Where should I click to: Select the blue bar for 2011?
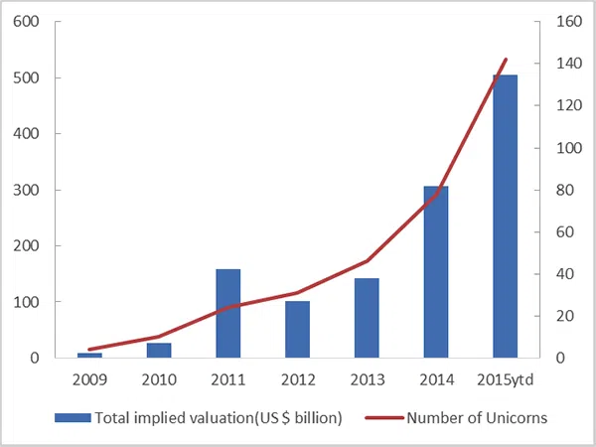pyautogui.click(x=228, y=313)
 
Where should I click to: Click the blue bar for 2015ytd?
pyautogui.click(x=506, y=217)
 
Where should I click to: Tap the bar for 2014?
pyautogui.click(x=436, y=272)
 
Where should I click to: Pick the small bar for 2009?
pyautogui.click(x=89, y=356)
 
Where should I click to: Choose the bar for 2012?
pyautogui.click(x=298, y=329)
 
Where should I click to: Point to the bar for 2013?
pyautogui.click(x=367, y=318)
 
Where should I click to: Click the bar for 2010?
pyautogui.click(x=159, y=351)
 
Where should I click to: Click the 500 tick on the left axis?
pyautogui.click(x=26, y=77)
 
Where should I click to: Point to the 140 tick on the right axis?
pyautogui.click(x=569, y=64)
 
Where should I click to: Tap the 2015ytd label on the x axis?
pyautogui.click(x=506, y=379)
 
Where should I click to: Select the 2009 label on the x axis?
pyautogui.click(x=90, y=379)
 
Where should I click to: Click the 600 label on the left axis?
pyautogui.click(x=26, y=22)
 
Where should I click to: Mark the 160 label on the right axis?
pyautogui.click(x=569, y=21)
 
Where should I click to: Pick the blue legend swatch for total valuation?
pyautogui.click(x=73, y=418)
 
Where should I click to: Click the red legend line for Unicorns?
pyautogui.click(x=384, y=418)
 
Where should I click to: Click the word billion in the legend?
pyautogui.click(x=313, y=418)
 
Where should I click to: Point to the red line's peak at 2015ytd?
pyautogui.click(x=506, y=60)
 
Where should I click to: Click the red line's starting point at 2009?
pyautogui.click(x=89, y=350)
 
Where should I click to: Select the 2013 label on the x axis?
pyautogui.click(x=368, y=379)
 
